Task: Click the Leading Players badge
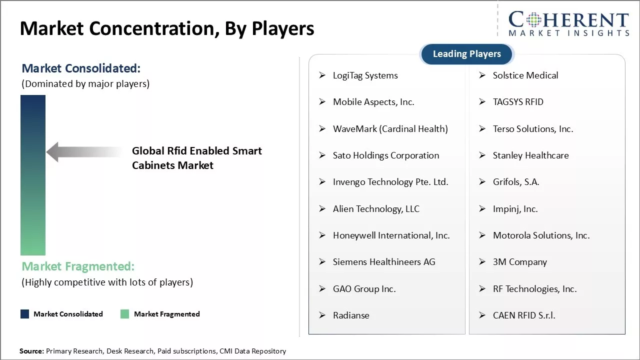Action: pyautogui.click(x=466, y=54)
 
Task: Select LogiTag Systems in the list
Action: pyautogui.click(x=365, y=75)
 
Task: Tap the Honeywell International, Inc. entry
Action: pyautogui.click(x=391, y=235)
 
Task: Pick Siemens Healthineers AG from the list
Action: pyautogui.click(x=383, y=262)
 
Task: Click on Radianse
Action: pyautogui.click(x=351, y=315)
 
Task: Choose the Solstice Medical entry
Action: pyautogui.click(x=525, y=75)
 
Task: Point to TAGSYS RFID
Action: pyautogui.click(x=517, y=102)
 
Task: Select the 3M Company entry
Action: pyautogui.click(x=519, y=262)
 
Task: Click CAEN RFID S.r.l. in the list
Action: pyautogui.click(x=523, y=315)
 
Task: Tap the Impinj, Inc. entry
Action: pyautogui.click(x=515, y=209)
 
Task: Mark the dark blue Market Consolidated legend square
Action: pyautogui.click(x=24, y=314)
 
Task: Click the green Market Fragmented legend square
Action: pyautogui.click(x=124, y=314)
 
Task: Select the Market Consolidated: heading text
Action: pyautogui.click(x=81, y=68)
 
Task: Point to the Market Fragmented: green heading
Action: pyautogui.click(x=78, y=266)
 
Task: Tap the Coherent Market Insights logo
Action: pyautogui.click(x=568, y=24)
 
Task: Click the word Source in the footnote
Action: pyautogui.click(x=31, y=351)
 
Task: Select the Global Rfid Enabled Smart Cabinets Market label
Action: pyautogui.click(x=196, y=158)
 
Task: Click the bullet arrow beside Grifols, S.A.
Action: pyautogui.click(x=482, y=182)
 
